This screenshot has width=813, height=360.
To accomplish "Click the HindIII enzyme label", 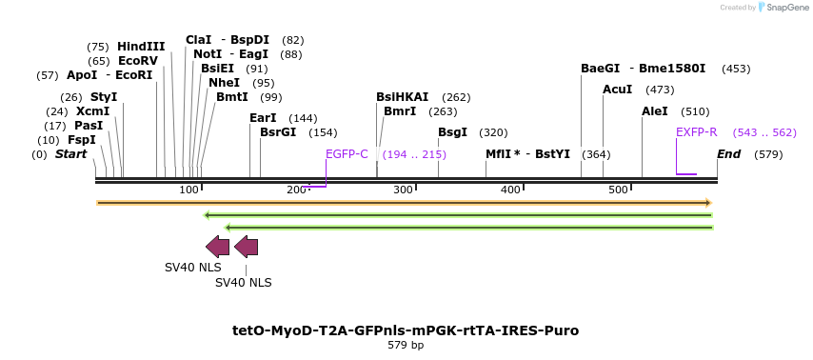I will coord(141,47).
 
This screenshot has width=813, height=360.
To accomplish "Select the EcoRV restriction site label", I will coord(138,61).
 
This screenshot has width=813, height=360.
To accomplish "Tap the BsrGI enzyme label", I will coord(278,132).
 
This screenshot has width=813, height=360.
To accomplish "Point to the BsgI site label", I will coord(452,132).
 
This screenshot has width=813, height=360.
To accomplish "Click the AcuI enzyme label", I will coord(618,90).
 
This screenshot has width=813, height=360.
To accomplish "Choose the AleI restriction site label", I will coord(655,111).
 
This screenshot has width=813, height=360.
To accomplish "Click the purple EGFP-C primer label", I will coord(347,154).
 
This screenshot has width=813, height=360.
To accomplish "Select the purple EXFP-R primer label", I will coord(697,132).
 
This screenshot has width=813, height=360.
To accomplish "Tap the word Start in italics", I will coord(70,154).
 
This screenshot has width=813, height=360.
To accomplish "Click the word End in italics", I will coord(728,154).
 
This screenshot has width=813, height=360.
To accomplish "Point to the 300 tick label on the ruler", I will coord(403,190).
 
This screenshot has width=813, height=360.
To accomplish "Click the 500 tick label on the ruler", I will coord(619,190).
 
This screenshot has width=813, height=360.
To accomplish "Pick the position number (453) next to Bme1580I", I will coord(736,69).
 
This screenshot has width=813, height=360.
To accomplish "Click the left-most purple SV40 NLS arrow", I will coord(217,247).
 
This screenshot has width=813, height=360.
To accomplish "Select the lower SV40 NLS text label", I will coord(243,283).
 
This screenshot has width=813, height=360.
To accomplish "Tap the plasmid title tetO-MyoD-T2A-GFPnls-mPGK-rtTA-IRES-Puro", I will coord(406,330).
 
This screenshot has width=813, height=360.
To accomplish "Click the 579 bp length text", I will coord(406,346).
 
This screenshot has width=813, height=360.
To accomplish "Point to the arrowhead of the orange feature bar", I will coord(707,203).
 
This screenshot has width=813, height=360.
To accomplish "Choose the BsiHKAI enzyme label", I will coord(402,97).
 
